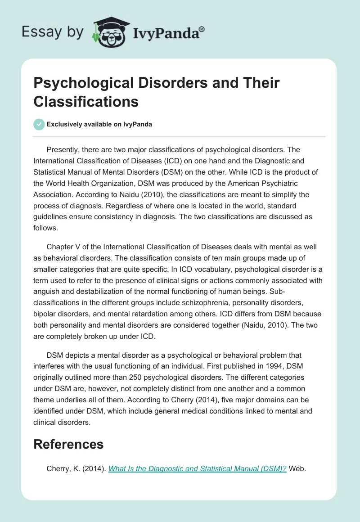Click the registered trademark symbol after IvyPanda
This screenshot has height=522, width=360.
click(202, 29)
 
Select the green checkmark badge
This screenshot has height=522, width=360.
click(39, 124)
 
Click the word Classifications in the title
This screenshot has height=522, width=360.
click(86, 101)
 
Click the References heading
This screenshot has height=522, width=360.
click(68, 444)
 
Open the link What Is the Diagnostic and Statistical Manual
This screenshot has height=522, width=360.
click(198, 468)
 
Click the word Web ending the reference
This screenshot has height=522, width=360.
click(297, 468)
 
